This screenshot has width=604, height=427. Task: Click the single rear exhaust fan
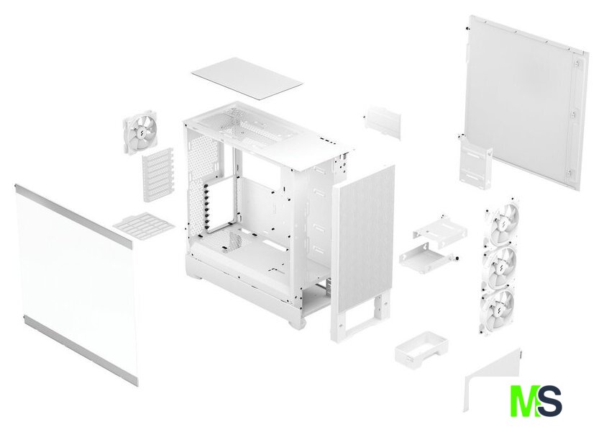(139, 132)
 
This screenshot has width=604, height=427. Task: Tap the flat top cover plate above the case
(247, 78)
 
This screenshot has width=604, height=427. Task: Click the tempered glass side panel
(76, 284)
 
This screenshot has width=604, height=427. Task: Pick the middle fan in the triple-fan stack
(500, 266)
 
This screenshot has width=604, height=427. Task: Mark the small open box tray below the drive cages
(421, 349)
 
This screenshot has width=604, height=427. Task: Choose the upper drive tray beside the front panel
(440, 230)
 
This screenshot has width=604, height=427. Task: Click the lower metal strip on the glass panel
(80, 350)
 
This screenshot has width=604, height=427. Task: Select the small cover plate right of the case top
(382, 122)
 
